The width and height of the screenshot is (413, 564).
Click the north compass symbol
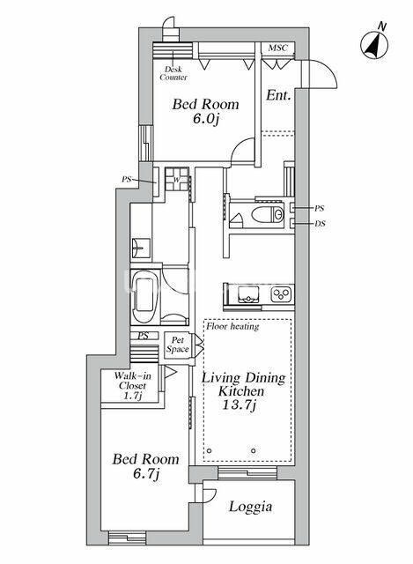(374, 44)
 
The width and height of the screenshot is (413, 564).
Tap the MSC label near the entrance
(278, 48)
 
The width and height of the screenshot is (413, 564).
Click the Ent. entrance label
(278, 96)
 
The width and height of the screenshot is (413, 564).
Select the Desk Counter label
(173, 73)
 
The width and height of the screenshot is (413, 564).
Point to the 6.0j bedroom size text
(205, 118)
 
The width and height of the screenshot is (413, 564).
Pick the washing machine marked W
(177, 179)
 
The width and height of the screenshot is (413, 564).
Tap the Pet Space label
(178, 345)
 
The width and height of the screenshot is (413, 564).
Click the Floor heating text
(232, 327)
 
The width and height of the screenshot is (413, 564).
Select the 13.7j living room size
(239, 405)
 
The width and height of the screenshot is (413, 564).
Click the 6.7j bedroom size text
(146, 474)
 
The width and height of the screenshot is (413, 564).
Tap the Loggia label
(251, 507)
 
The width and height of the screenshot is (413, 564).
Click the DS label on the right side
(320, 224)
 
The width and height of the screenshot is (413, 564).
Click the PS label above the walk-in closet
(144, 336)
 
